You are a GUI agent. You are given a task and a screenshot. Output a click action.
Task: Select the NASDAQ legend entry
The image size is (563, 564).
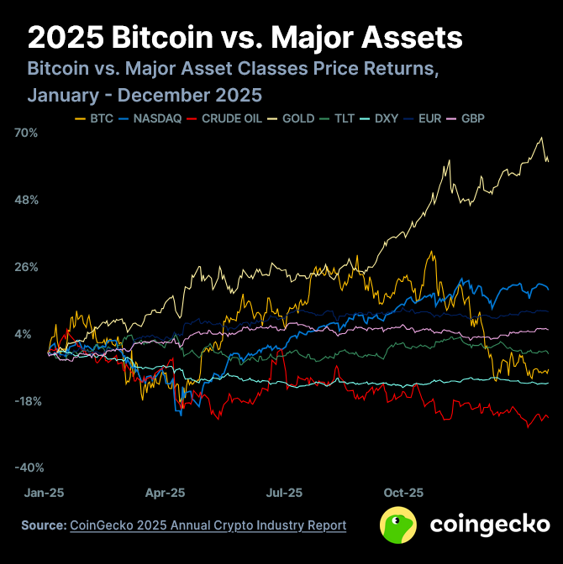[x=150, y=118]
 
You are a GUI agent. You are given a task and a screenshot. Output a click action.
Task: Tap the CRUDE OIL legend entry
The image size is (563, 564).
[x=225, y=118]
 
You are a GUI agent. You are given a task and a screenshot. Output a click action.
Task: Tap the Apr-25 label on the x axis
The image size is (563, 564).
[x=165, y=493]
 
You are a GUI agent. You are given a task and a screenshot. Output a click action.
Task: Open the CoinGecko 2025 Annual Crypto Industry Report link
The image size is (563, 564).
[x=208, y=525]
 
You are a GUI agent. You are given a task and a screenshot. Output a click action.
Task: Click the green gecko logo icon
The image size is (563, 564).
[x=399, y=525]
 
